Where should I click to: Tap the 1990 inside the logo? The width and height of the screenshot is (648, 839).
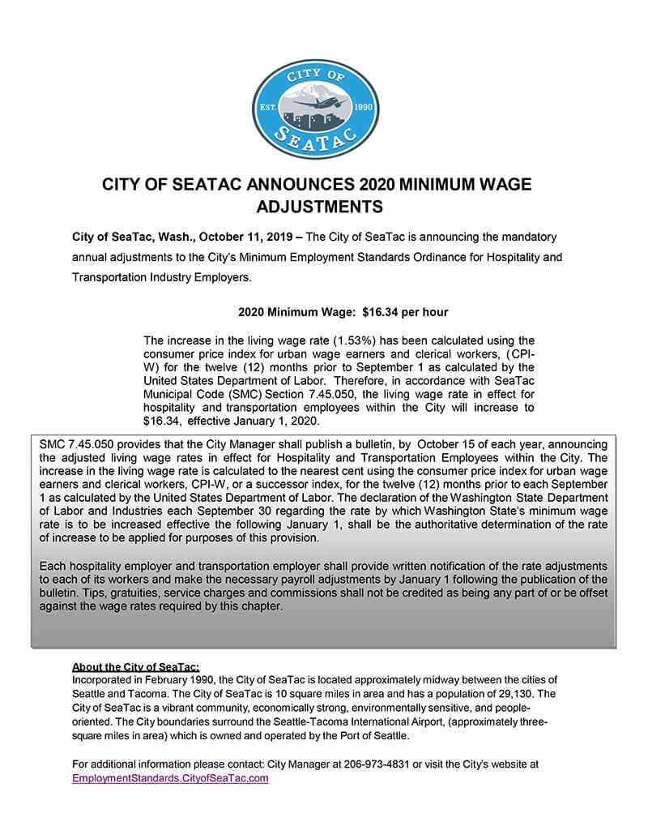point(364,107)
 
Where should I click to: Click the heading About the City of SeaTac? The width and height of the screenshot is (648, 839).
point(130,667)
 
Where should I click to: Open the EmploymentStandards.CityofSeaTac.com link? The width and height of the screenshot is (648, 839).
point(170,777)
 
